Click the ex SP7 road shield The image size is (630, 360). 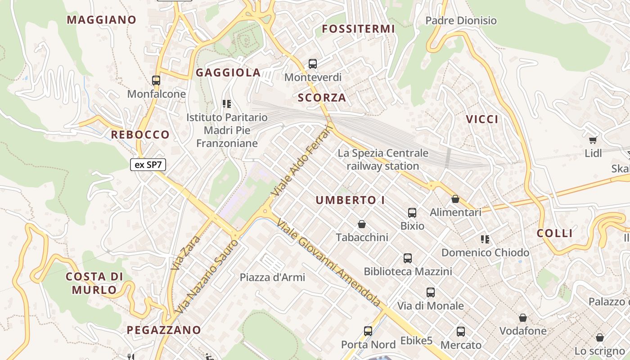(x=148, y=165)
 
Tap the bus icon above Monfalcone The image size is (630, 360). (x=156, y=81)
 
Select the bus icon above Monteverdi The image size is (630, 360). (x=313, y=64)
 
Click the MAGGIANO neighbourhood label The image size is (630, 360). (x=102, y=20)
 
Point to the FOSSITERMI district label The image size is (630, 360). (x=359, y=29)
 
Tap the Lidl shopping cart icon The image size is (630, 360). (x=593, y=140)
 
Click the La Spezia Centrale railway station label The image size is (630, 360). (x=383, y=160)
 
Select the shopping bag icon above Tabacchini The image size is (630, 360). (x=362, y=224)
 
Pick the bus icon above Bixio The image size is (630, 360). (x=412, y=212)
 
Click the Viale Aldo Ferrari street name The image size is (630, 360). (x=303, y=162)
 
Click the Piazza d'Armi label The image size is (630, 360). (x=272, y=277)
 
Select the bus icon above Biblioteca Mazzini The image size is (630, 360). (x=408, y=258)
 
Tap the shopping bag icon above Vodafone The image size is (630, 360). (x=523, y=318)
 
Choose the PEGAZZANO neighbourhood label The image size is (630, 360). (x=164, y=330)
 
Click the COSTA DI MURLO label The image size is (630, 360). (x=94, y=283)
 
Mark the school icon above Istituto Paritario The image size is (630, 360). (x=227, y=104)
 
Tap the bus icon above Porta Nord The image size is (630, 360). (x=368, y=331)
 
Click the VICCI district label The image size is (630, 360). (x=482, y=119)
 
